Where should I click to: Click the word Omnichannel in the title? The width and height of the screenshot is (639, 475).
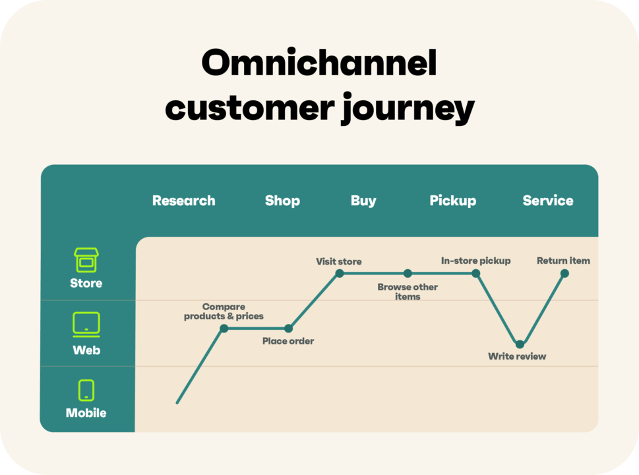pos(319,64)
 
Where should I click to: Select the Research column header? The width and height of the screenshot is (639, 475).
pos(183,201)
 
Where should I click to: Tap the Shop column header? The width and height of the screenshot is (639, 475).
pos(282,201)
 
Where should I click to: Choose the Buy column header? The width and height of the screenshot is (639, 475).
pos(363,201)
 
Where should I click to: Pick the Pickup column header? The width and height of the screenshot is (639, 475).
pos(452,201)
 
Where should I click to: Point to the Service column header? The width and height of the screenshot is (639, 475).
pos(547,201)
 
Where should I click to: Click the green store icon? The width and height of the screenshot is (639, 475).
pos(86,260)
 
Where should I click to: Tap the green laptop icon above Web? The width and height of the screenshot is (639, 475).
pos(86,325)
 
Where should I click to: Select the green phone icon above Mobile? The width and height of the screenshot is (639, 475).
pos(86,390)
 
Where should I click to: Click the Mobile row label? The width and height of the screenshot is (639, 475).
pos(86,413)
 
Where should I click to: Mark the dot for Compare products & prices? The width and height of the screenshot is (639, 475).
pos(224,328)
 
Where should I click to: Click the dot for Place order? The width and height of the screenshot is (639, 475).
pos(288,328)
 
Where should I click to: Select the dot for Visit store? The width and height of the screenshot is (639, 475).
pos(339,273)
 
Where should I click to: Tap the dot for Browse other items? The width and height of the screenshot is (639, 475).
pos(408,273)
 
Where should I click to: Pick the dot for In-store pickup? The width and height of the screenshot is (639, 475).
pos(475,273)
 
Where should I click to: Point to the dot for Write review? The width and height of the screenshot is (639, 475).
pos(520,344)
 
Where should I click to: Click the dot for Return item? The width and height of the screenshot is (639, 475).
pos(564,273)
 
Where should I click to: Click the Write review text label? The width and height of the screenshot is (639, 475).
pos(517,357)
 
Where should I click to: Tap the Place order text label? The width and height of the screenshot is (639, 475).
pos(288,341)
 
